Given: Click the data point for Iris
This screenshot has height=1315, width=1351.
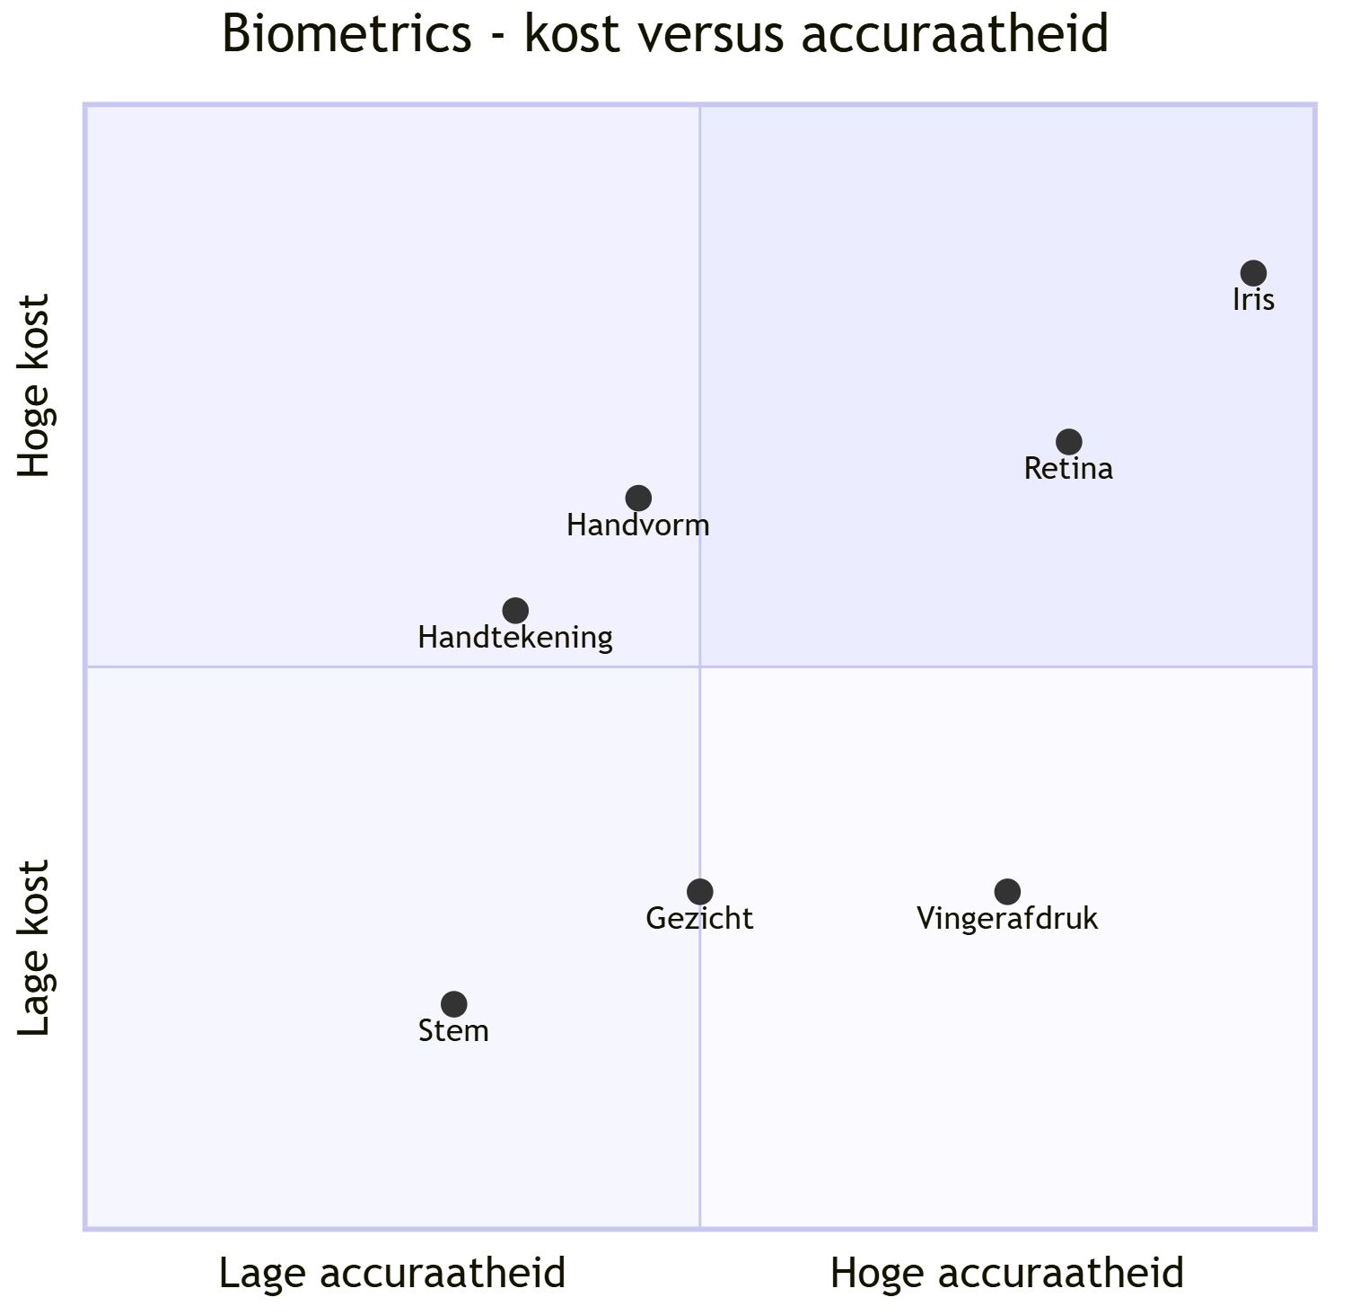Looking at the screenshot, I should [x=1253, y=273].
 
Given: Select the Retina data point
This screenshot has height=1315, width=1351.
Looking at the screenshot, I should [x=1068, y=442].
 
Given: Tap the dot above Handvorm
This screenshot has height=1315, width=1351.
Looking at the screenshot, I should [x=638, y=498].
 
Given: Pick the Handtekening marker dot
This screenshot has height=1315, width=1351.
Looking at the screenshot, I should [x=515, y=611].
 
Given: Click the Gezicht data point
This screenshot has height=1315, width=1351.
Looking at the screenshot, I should [x=700, y=892].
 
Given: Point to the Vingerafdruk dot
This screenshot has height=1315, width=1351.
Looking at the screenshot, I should [x=1007, y=892].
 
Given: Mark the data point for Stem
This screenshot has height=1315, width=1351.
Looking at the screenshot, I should [x=454, y=1004].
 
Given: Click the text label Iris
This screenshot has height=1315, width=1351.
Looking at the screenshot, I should [x=1253, y=300].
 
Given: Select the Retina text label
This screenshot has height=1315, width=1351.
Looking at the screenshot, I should [x=1068, y=469].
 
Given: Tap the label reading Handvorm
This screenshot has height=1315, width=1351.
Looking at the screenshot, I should [x=638, y=525].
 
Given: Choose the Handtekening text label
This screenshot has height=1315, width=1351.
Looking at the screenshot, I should [x=515, y=638].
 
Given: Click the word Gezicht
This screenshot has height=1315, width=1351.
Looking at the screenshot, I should [x=700, y=919].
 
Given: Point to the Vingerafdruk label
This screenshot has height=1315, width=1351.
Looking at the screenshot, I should [x=1007, y=919].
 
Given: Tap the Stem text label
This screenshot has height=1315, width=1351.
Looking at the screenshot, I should [x=454, y=1031].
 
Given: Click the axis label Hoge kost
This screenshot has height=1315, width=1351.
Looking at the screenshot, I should [x=36, y=386].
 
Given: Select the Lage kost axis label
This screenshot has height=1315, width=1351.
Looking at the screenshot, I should [x=36, y=949].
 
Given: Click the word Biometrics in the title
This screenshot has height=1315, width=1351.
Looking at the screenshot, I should [x=347, y=34].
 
